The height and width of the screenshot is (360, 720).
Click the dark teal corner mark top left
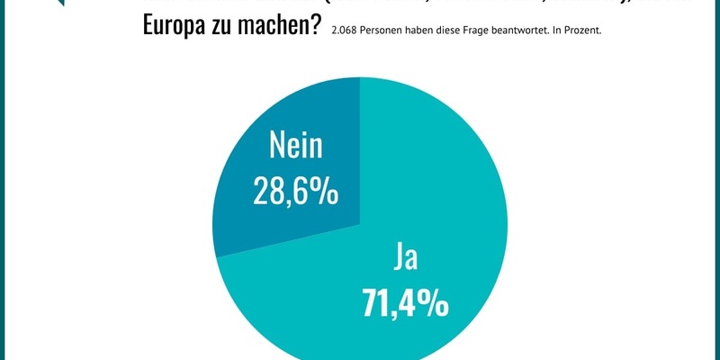pos(60,3)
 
